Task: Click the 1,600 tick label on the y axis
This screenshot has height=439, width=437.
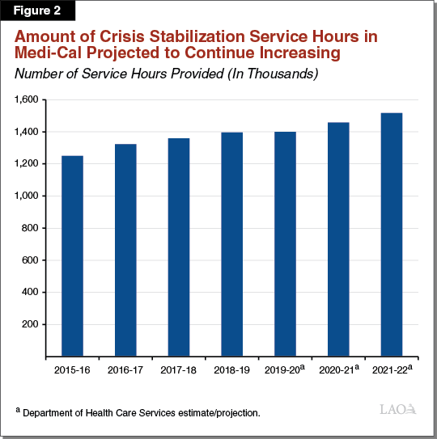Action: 27,99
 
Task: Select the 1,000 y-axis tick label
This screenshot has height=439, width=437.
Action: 27,196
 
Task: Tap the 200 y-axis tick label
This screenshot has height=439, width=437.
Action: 31,324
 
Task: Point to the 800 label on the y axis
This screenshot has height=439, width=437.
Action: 31,228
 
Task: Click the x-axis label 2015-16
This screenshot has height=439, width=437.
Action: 72,370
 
